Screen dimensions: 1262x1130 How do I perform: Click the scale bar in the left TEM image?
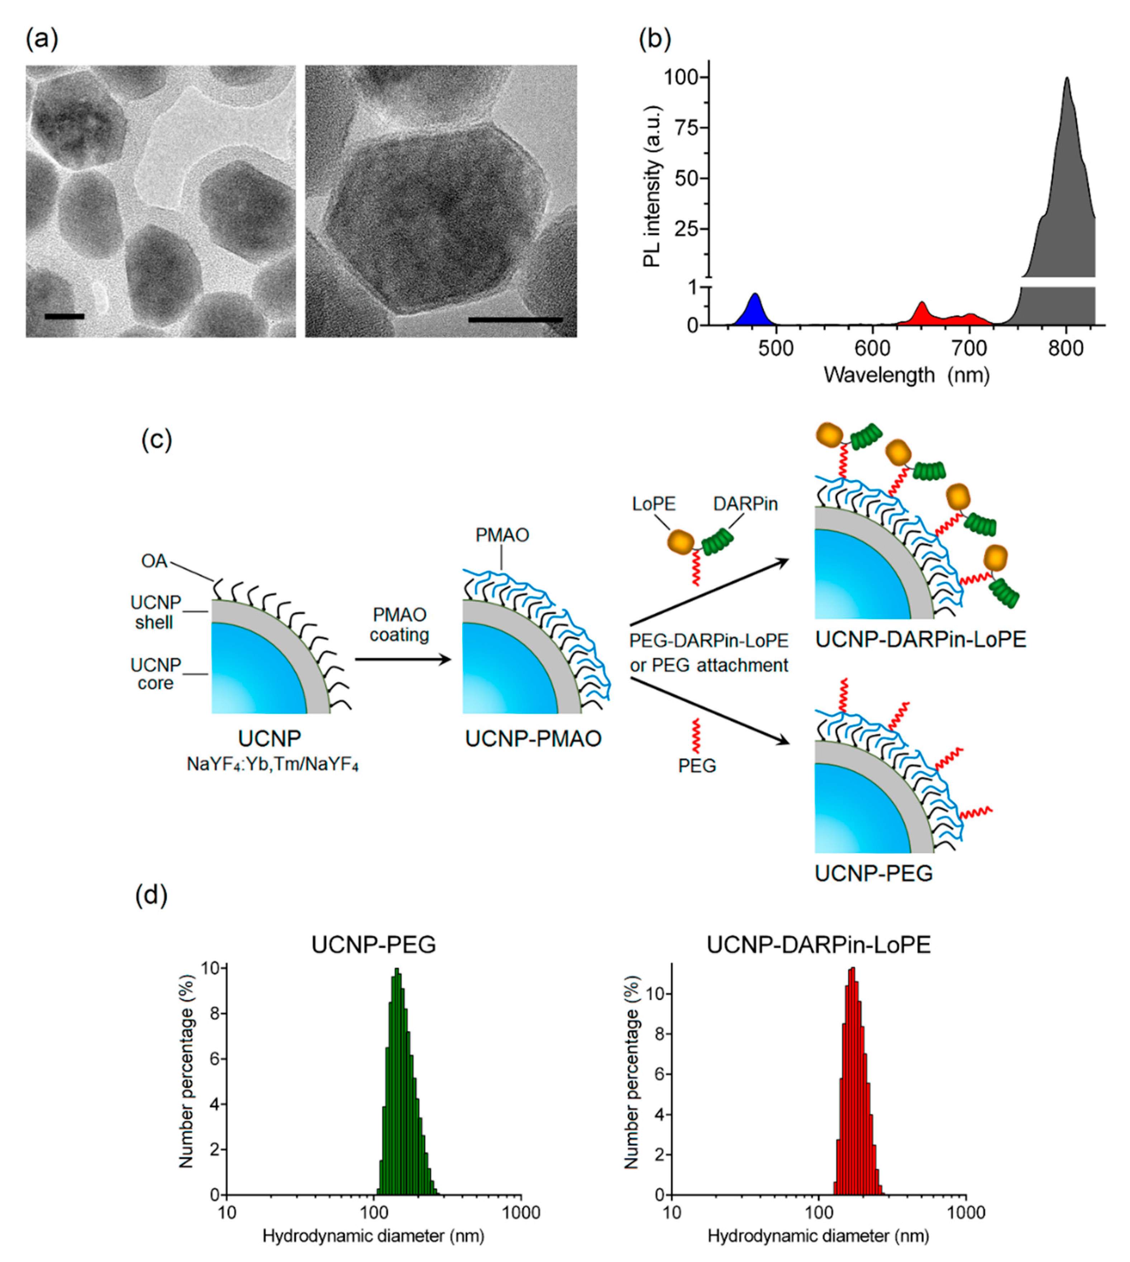(x=64, y=316)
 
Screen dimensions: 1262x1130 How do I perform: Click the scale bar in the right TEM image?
(x=515, y=320)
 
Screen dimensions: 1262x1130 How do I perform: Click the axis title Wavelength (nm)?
(x=906, y=375)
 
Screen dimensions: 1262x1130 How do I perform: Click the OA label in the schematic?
(x=153, y=561)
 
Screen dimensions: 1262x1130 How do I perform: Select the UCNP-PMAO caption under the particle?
(x=533, y=739)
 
